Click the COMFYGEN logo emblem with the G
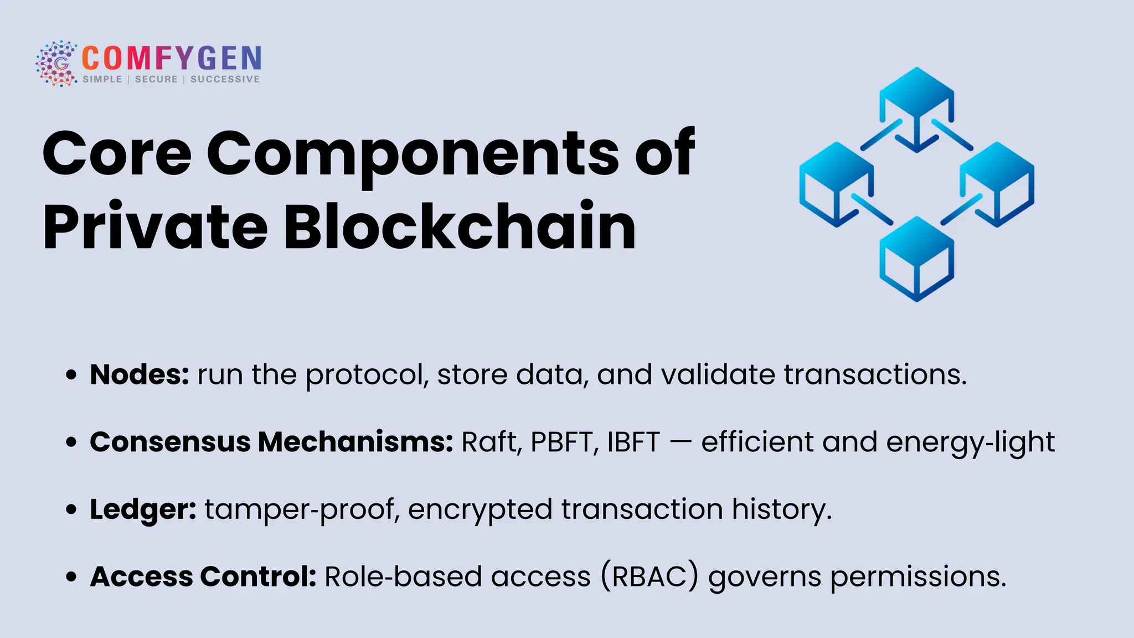pyautogui.click(x=56, y=63)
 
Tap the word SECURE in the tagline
pyautogui.click(x=156, y=79)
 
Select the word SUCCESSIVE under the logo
pyautogui.click(x=225, y=79)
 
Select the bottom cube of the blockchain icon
pyautogui.click(x=916, y=258)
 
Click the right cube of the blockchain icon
pyautogui.click(x=997, y=183)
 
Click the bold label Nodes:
pyautogui.click(x=140, y=375)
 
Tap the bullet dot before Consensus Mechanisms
pyautogui.click(x=71, y=443)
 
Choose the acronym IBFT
pyautogui.click(x=633, y=443)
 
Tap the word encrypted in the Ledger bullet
pyautogui.click(x=480, y=510)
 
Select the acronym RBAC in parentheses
pyautogui.click(x=650, y=577)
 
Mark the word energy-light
pyautogui.click(x=970, y=443)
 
